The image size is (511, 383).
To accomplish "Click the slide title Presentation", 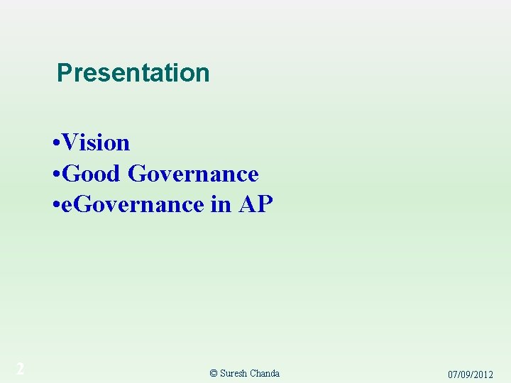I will pyautogui.click(x=133, y=72).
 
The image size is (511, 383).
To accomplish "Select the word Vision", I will pyautogui.click(x=97, y=143).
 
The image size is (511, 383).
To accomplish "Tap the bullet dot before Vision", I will pyautogui.click(x=56, y=143).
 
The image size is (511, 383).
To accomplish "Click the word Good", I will pyautogui.click(x=92, y=173).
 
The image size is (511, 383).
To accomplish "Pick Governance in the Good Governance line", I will pyautogui.click(x=193, y=173).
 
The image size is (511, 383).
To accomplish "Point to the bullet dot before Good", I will pyautogui.click(x=56, y=174).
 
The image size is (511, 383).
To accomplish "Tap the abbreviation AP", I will pyautogui.click(x=255, y=204).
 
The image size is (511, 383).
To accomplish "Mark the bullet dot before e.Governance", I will pyautogui.click(x=56, y=205).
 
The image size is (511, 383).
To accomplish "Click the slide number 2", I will pyautogui.click(x=21, y=369).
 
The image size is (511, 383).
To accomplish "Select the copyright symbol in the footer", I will pyautogui.click(x=214, y=374).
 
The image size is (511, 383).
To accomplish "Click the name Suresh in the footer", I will pyautogui.click(x=233, y=374).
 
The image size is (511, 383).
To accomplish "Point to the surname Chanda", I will pyautogui.click(x=264, y=374).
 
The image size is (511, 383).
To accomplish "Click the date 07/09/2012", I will pyautogui.click(x=470, y=374).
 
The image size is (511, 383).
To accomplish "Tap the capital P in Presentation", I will pyautogui.click(x=64, y=72).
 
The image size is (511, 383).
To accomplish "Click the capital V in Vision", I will pyautogui.click(x=70, y=143).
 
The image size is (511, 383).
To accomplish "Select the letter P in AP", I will pyautogui.click(x=265, y=204).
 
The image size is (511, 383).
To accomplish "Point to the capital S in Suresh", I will pyautogui.click(x=223, y=374).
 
